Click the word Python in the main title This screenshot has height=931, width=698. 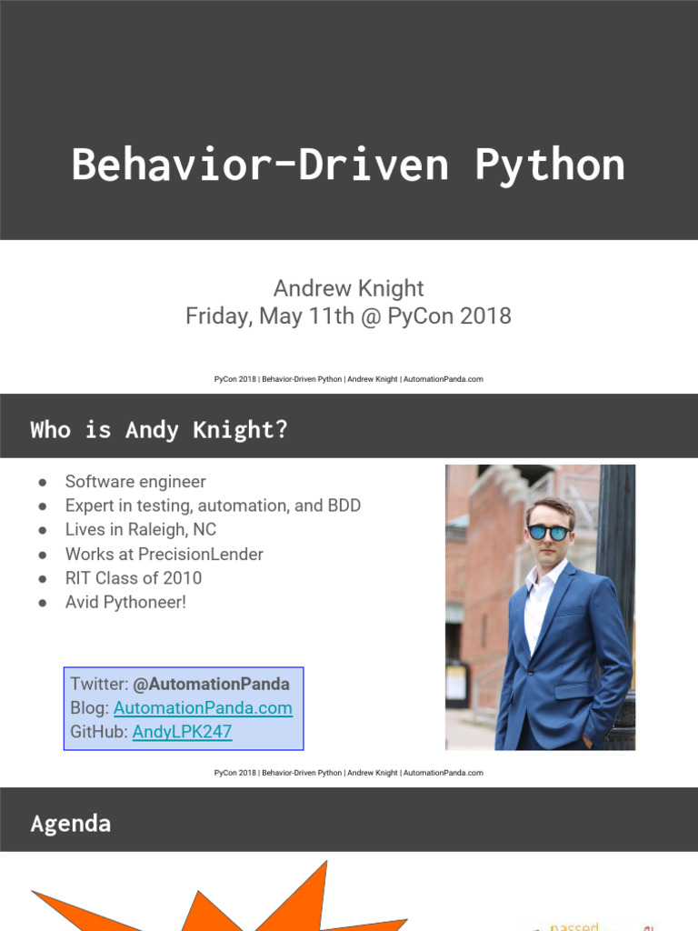point(549,165)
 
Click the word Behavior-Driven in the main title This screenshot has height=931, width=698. point(260,165)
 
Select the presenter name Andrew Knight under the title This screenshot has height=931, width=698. point(349,288)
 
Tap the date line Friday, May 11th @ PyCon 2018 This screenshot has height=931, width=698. point(349,316)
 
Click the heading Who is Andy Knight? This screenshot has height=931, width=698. point(159,429)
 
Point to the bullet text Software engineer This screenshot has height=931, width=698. point(135,482)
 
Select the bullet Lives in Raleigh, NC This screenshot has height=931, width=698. point(141,529)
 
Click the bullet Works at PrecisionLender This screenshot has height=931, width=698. point(165,554)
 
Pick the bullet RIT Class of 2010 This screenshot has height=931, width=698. point(134,577)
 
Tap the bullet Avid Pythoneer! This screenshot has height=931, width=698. point(125,602)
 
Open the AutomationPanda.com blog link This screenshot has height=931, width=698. point(203,707)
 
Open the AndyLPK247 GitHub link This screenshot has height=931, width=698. point(182,731)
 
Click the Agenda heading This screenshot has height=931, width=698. point(71,824)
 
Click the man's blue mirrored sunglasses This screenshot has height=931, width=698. point(548,532)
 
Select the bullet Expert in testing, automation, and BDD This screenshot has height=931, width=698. point(213,506)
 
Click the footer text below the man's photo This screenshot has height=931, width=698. point(349,773)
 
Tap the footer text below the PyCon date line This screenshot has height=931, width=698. point(349,379)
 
